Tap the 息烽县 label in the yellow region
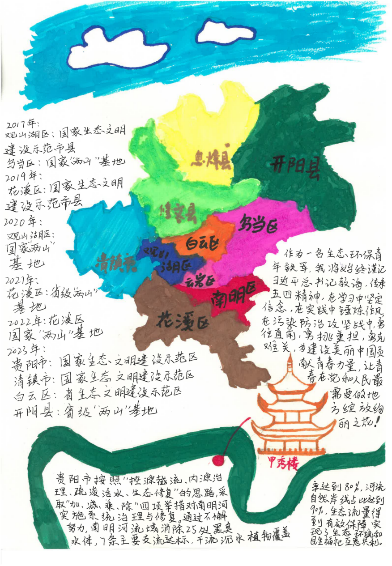[x=213, y=159]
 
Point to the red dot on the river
[x=218, y=460]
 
